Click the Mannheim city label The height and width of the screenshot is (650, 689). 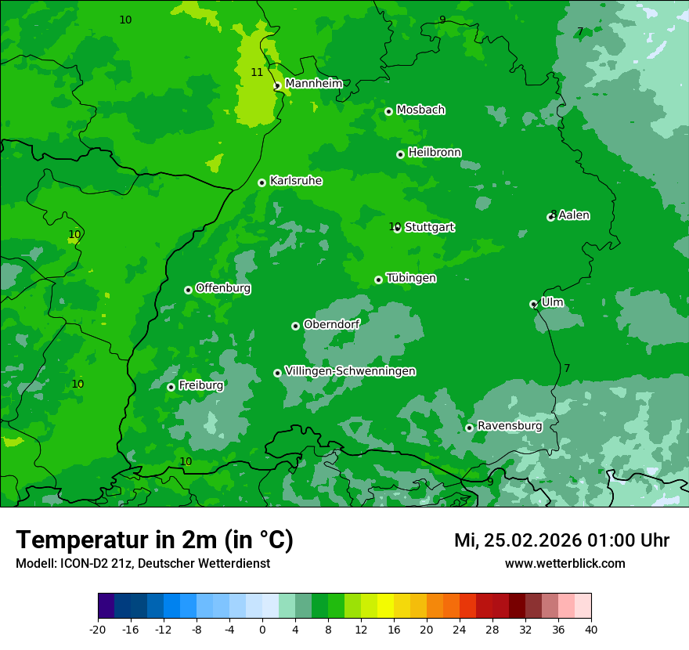pos(313,84)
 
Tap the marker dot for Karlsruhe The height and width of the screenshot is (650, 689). pos(262,182)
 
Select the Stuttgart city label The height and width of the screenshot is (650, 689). pos(429,227)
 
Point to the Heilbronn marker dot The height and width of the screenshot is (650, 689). pos(400,154)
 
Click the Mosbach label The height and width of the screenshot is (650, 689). pos(420,110)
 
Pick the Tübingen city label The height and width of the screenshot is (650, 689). pos(411,278)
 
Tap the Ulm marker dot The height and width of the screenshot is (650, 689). pos(533,304)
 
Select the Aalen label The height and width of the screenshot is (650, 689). pos(574,215)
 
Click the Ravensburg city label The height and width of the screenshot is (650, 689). pos(509,426)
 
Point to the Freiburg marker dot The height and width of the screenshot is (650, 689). pos(171,387)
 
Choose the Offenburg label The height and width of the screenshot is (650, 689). pos(223,288)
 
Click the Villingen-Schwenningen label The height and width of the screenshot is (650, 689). pos(350,371)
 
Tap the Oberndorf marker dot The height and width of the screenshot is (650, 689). pos(295,326)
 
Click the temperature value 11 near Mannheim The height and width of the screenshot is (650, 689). pos(257,72)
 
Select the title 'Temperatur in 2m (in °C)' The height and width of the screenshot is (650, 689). pos(154,540)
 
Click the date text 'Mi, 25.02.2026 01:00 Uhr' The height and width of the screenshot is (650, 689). pos(561,540)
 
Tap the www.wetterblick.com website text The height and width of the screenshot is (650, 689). pos(565,563)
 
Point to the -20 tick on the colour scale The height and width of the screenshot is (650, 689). pos(98,629)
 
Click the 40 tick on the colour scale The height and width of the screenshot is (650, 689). pos(591,629)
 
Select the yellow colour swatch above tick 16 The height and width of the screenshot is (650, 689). pos(385,606)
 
